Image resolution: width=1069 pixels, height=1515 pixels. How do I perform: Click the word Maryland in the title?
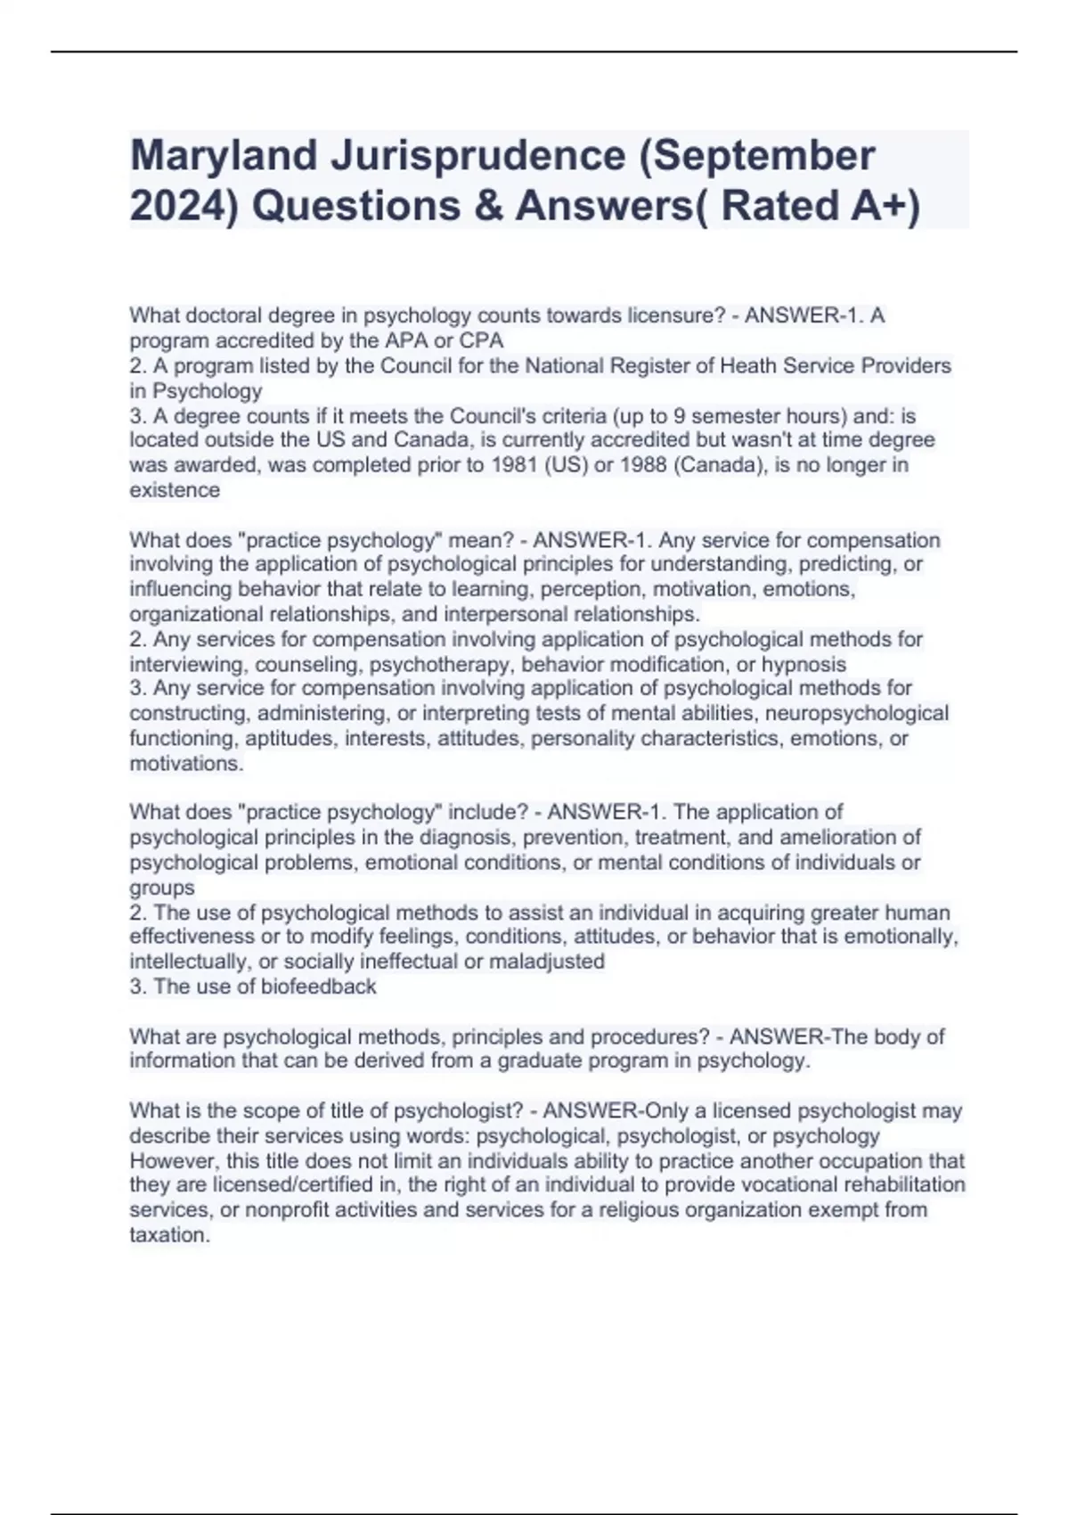coord(224,156)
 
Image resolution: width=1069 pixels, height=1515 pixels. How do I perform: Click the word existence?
coord(175,489)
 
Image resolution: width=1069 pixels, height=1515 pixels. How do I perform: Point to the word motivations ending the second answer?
coord(185,764)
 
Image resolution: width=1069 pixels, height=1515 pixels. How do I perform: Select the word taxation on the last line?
coord(169,1235)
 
